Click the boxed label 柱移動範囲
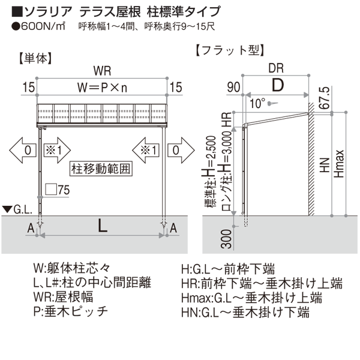101,169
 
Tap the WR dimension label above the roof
102,71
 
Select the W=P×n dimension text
102,88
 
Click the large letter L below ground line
103,225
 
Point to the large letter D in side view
278,85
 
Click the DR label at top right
276,68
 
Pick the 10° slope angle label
257,104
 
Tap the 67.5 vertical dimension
325,98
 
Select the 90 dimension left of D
233,87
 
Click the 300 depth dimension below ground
226,239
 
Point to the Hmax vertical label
339,164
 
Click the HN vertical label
325,166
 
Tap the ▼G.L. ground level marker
17,209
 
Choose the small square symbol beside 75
51,189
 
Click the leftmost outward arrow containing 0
23,151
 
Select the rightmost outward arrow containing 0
181,151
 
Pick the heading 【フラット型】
230,50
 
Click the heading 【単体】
35,59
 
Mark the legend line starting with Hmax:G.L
251,298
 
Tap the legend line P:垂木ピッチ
71,311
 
